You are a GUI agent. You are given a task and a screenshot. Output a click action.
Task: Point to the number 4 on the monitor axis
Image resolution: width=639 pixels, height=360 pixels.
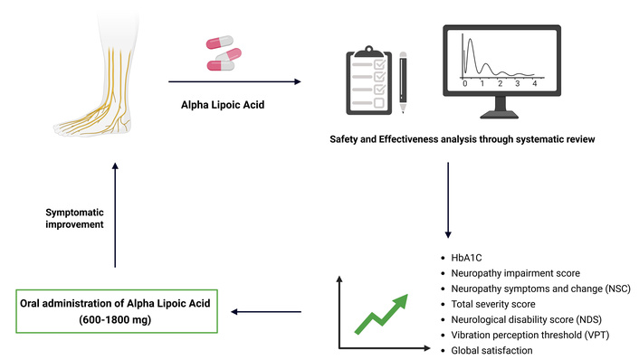535,83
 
